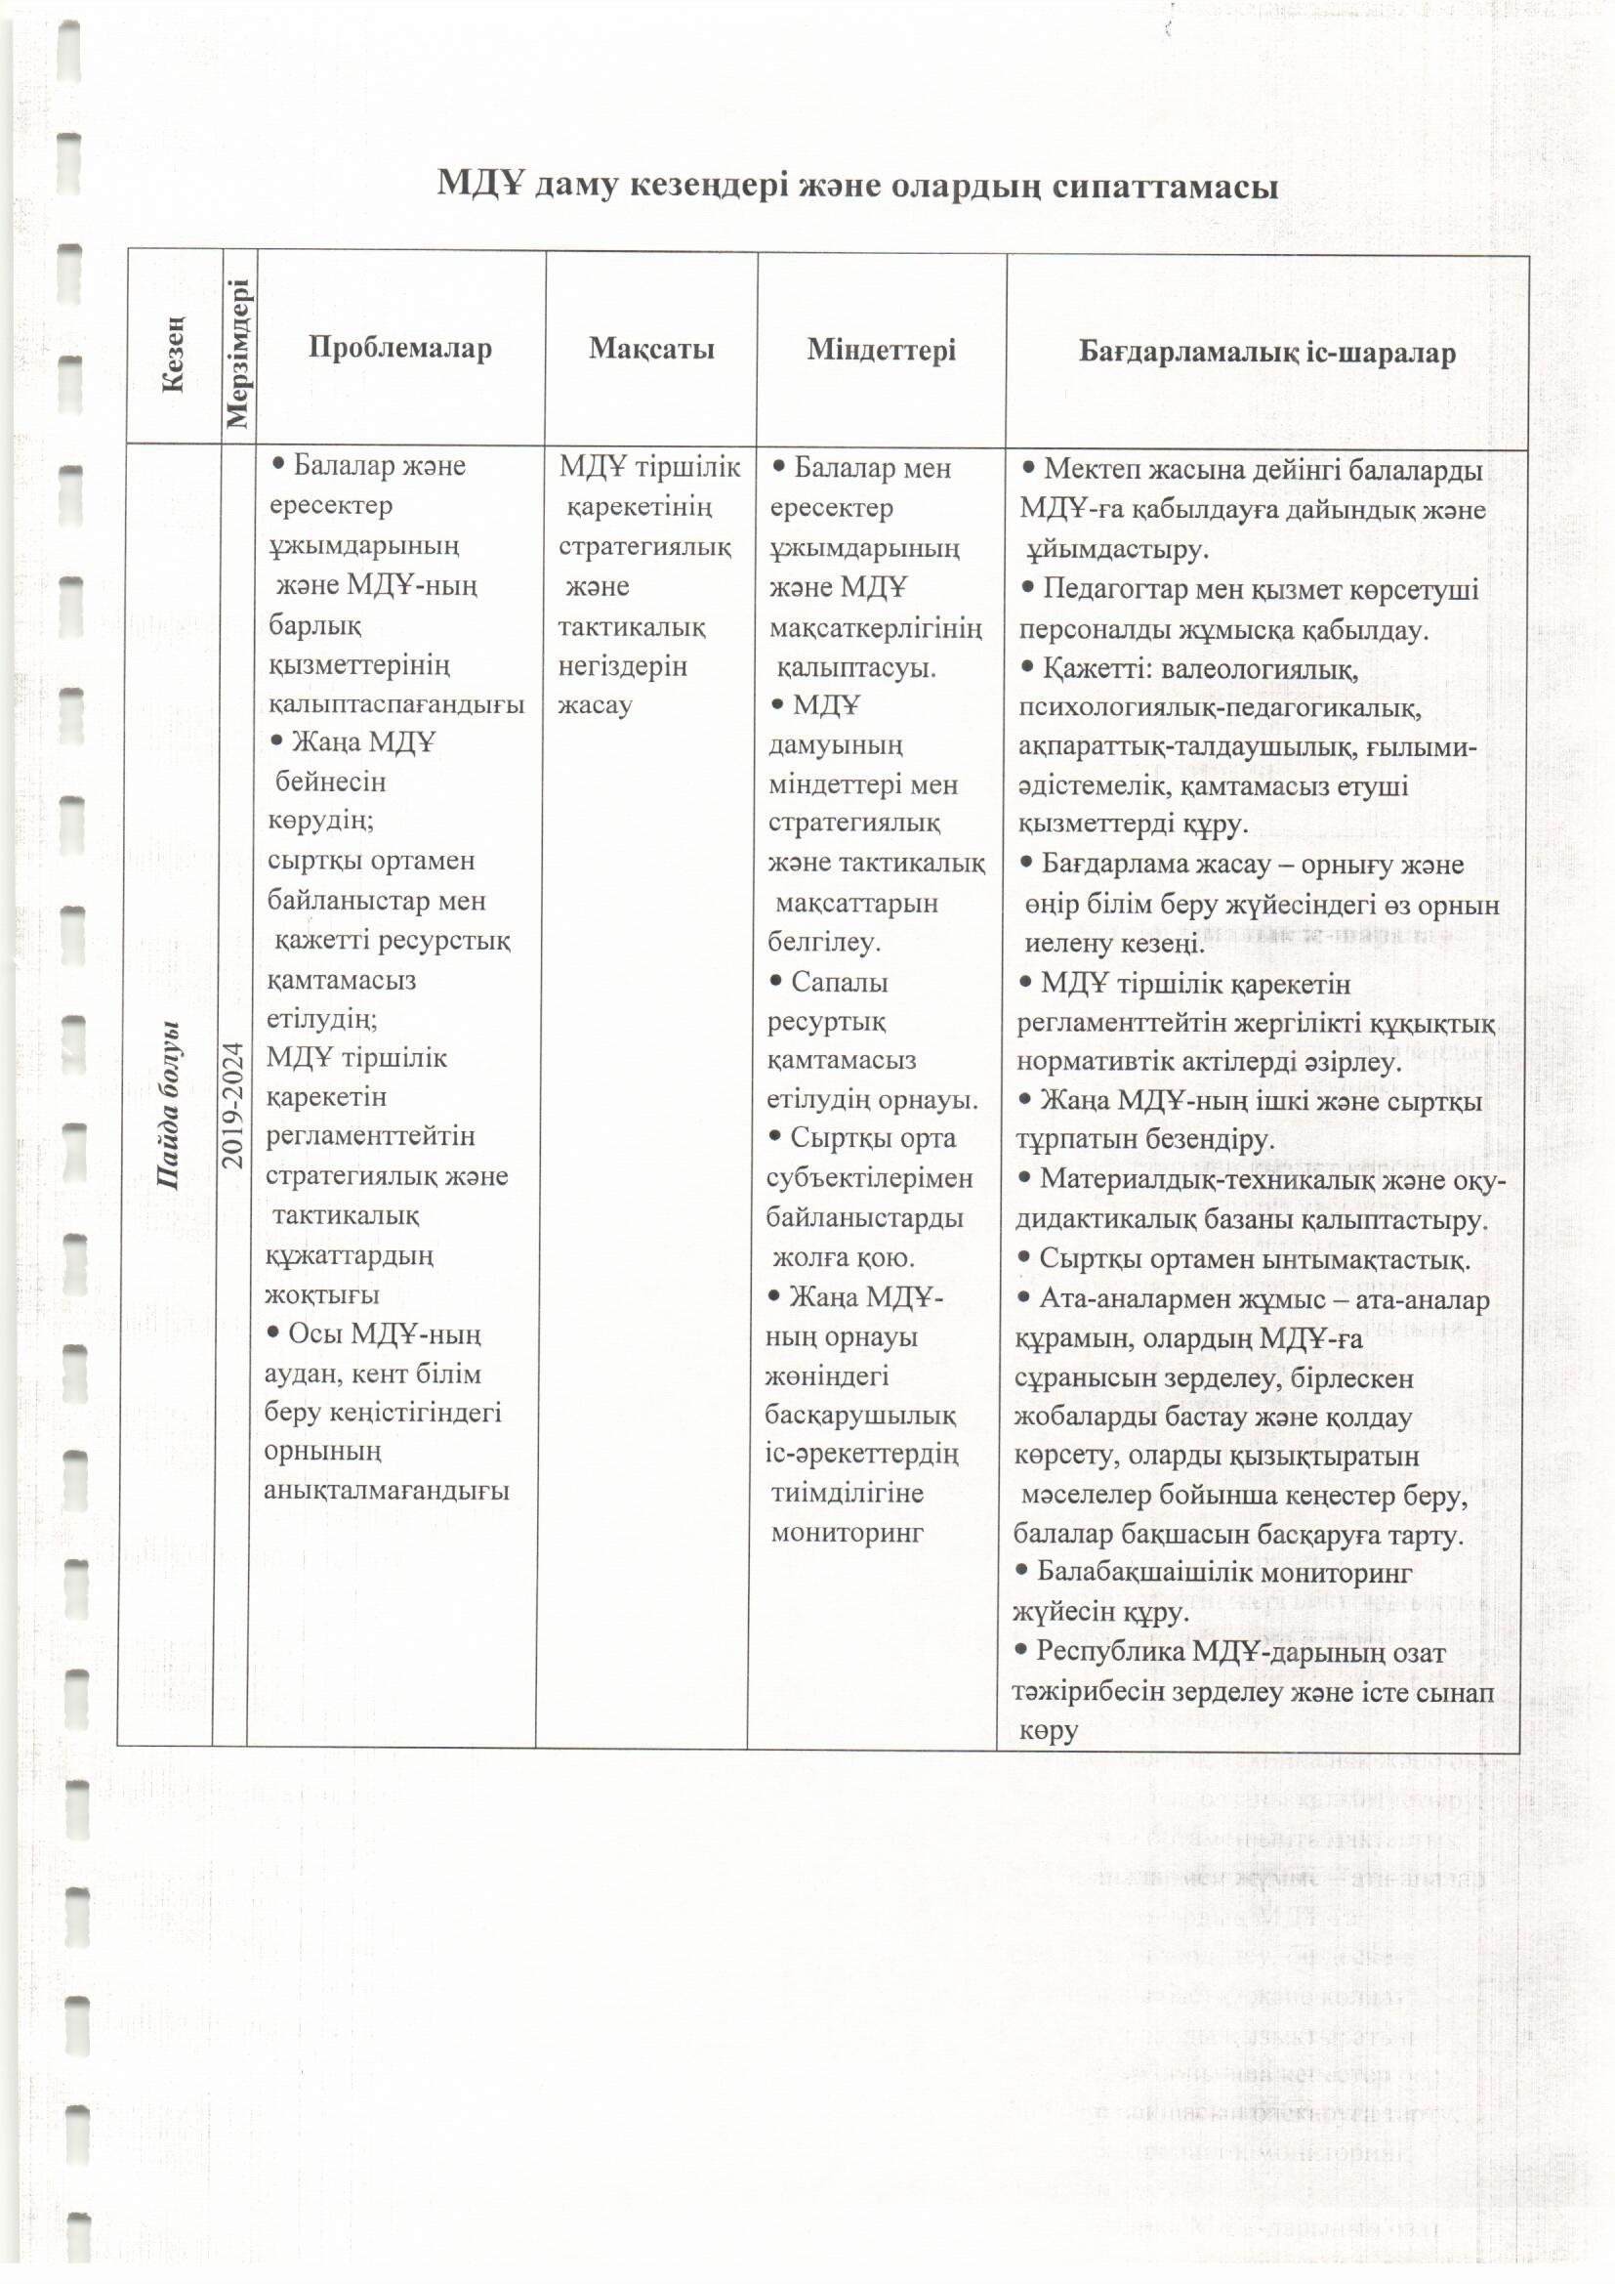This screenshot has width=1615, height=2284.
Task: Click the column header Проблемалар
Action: click(x=399, y=348)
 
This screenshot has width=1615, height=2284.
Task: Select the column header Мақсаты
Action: click(x=651, y=348)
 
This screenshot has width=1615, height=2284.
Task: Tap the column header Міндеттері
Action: click(x=881, y=350)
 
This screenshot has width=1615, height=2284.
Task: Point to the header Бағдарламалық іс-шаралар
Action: click(x=1267, y=352)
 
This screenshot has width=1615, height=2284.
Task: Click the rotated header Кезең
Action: click(x=173, y=355)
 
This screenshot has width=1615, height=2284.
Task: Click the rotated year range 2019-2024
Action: click(x=232, y=1104)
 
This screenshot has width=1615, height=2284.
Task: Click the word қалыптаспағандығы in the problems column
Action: click(x=395, y=703)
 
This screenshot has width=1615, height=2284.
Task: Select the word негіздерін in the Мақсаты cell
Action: click(x=623, y=665)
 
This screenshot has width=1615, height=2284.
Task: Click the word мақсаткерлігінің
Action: click(x=875, y=628)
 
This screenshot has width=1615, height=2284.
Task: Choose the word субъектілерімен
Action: click(x=869, y=1178)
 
